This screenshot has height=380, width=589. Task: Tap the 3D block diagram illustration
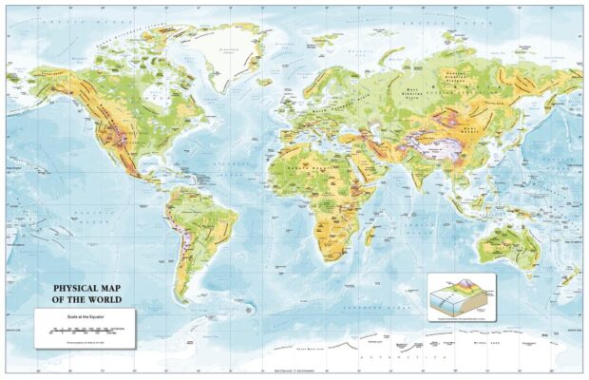(x=461, y=296)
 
